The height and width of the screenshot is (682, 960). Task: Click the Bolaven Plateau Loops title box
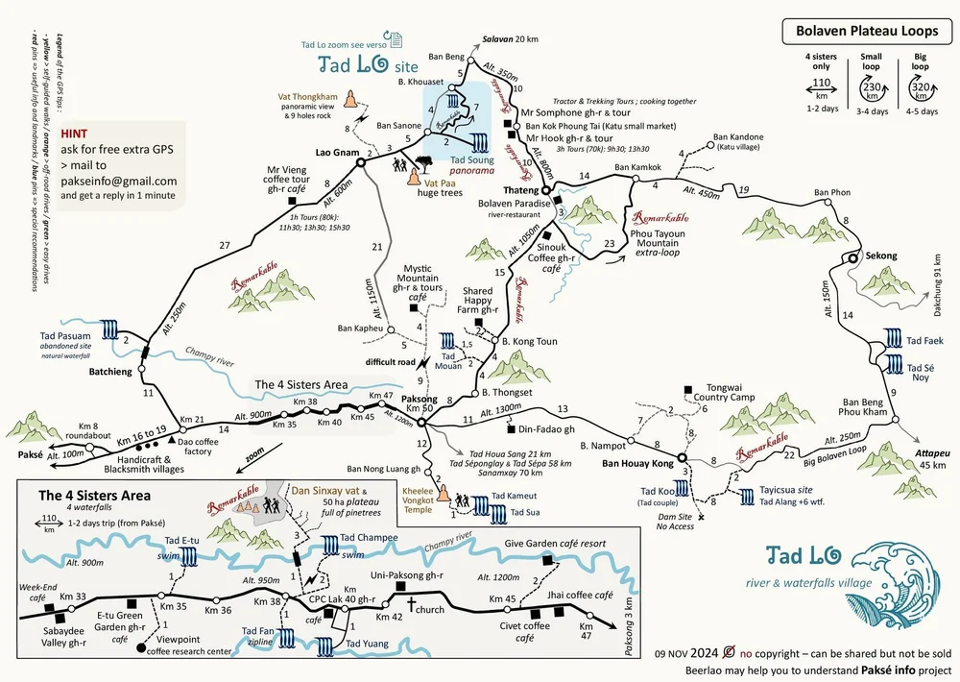tap(867, 31)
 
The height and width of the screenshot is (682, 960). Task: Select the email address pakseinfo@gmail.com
tap(118, 181)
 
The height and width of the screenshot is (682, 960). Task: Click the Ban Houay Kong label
tap(637, 464)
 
